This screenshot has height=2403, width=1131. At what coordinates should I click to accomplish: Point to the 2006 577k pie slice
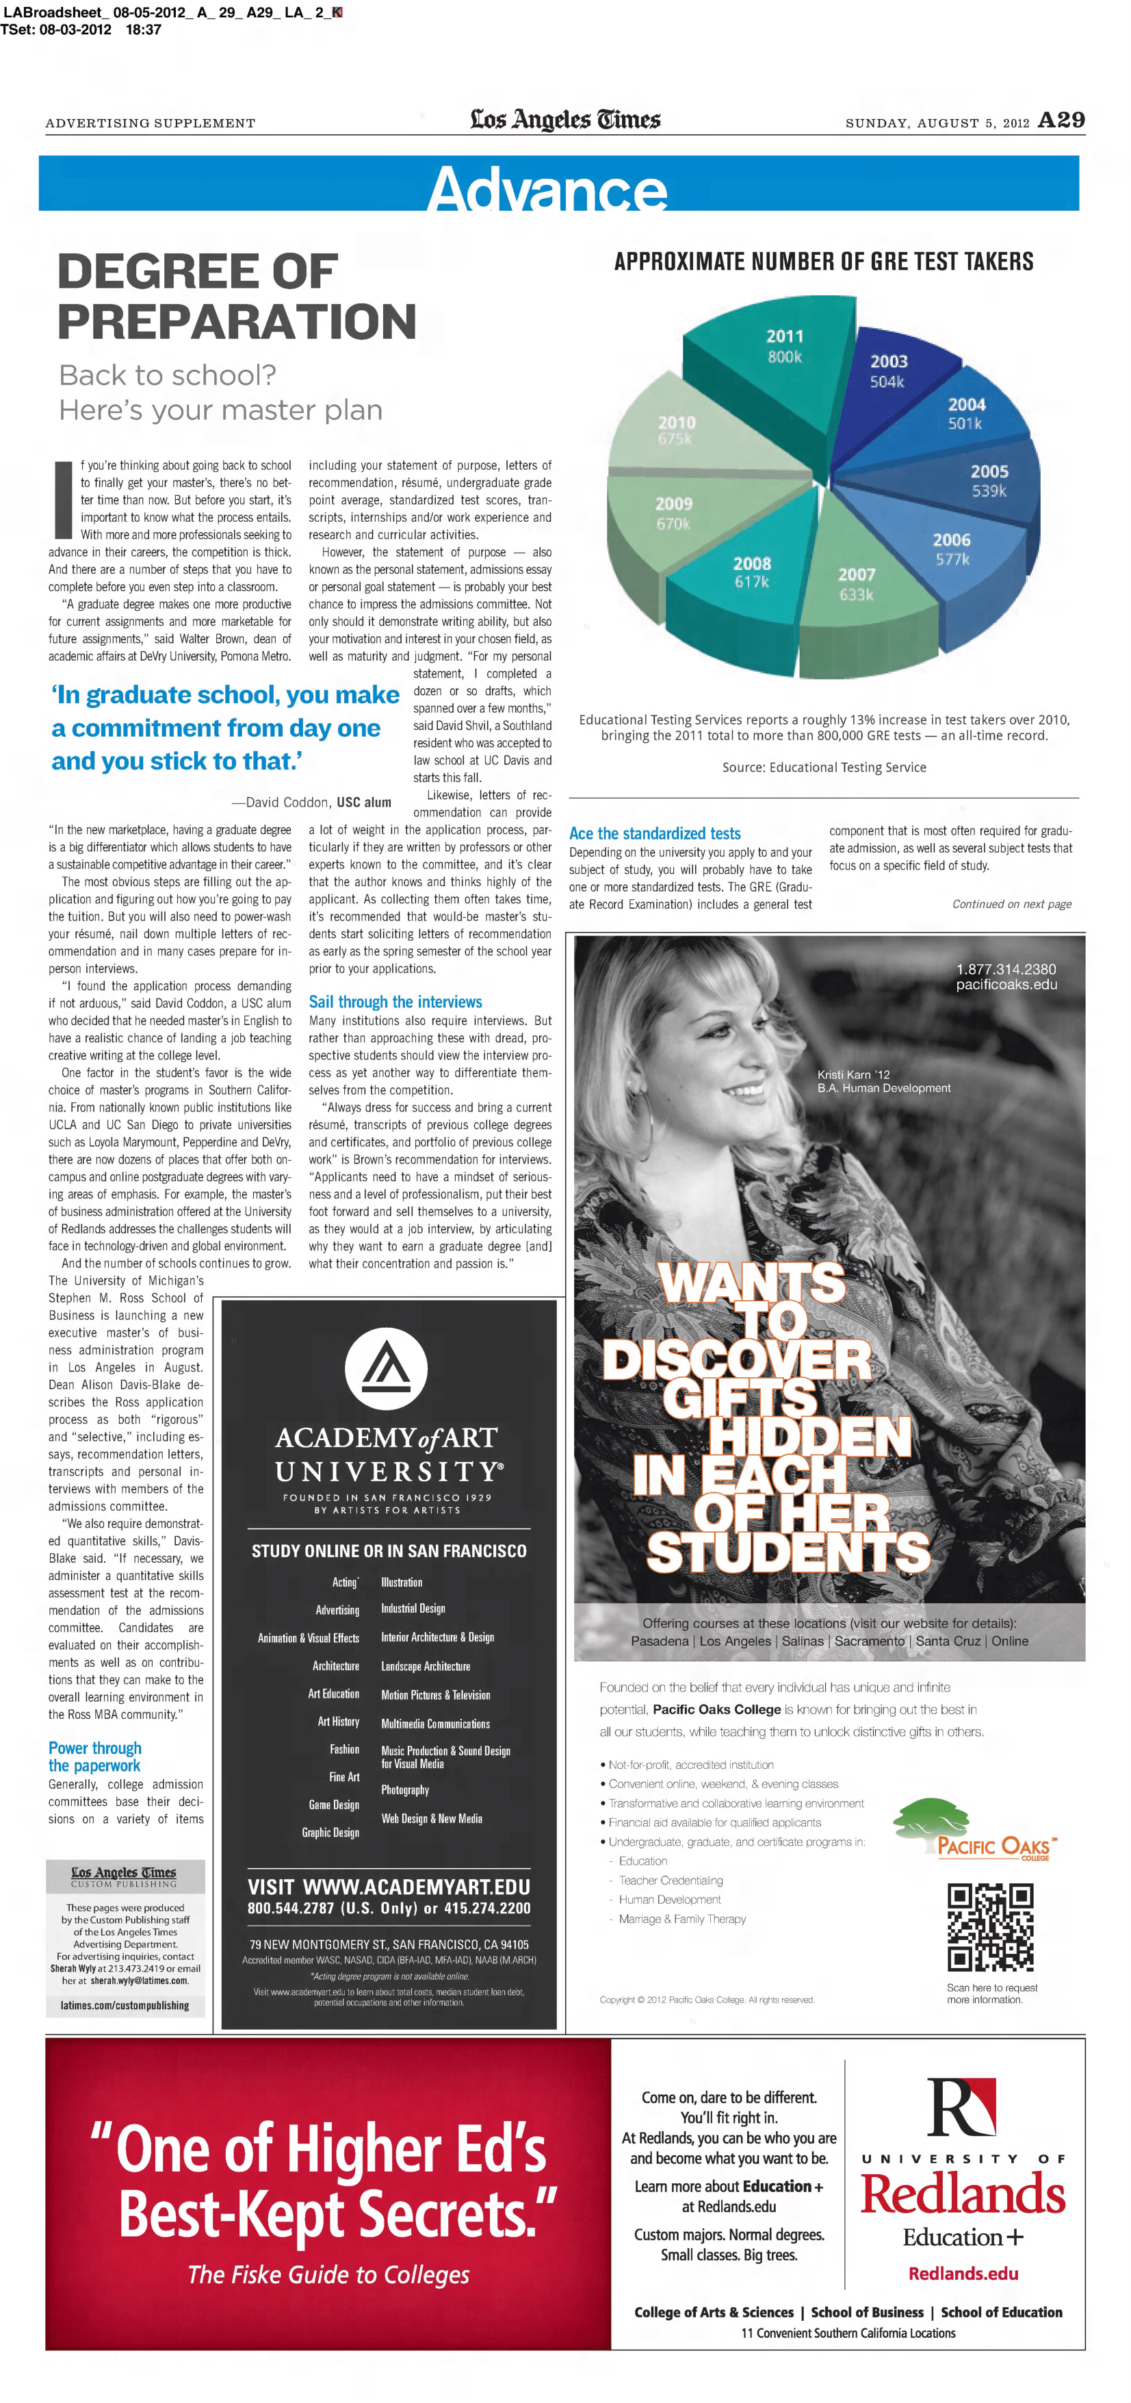[941, 551]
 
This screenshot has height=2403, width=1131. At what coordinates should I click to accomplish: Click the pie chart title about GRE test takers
[823, 261]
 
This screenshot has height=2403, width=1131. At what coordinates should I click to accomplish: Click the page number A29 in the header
[1061, 121]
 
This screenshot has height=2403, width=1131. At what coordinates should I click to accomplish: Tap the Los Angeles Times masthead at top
[565, 119]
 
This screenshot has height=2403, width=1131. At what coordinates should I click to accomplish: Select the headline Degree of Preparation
[237, 297]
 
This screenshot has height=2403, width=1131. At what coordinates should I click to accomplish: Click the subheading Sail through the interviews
[395, 1002]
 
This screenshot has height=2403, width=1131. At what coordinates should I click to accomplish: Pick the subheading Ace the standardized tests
[655, 833]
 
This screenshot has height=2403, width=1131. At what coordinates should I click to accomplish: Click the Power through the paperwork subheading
[95, 1757]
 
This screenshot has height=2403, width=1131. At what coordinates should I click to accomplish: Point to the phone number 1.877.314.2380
[1006, 969]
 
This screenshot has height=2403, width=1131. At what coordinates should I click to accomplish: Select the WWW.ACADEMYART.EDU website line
[389, 1887]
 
